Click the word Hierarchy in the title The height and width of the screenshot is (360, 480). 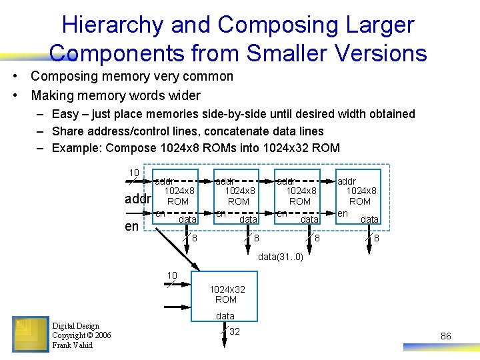(x=111, y=25)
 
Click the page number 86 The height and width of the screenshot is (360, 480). (x=446, y=337)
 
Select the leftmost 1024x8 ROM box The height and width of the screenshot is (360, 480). (x=177, y=196)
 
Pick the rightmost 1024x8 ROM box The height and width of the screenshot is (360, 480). (x=360, y=196)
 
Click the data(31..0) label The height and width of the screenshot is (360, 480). (x=280, y=257)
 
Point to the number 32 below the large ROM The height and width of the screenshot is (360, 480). (x=235, y=331)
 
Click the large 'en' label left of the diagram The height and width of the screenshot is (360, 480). (x=132, y=226)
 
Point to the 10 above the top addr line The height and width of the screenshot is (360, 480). (x=134, y=173)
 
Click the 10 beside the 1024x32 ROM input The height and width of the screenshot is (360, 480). (x=171, y=275)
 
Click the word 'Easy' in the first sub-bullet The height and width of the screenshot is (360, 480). (x=65, y=114)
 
